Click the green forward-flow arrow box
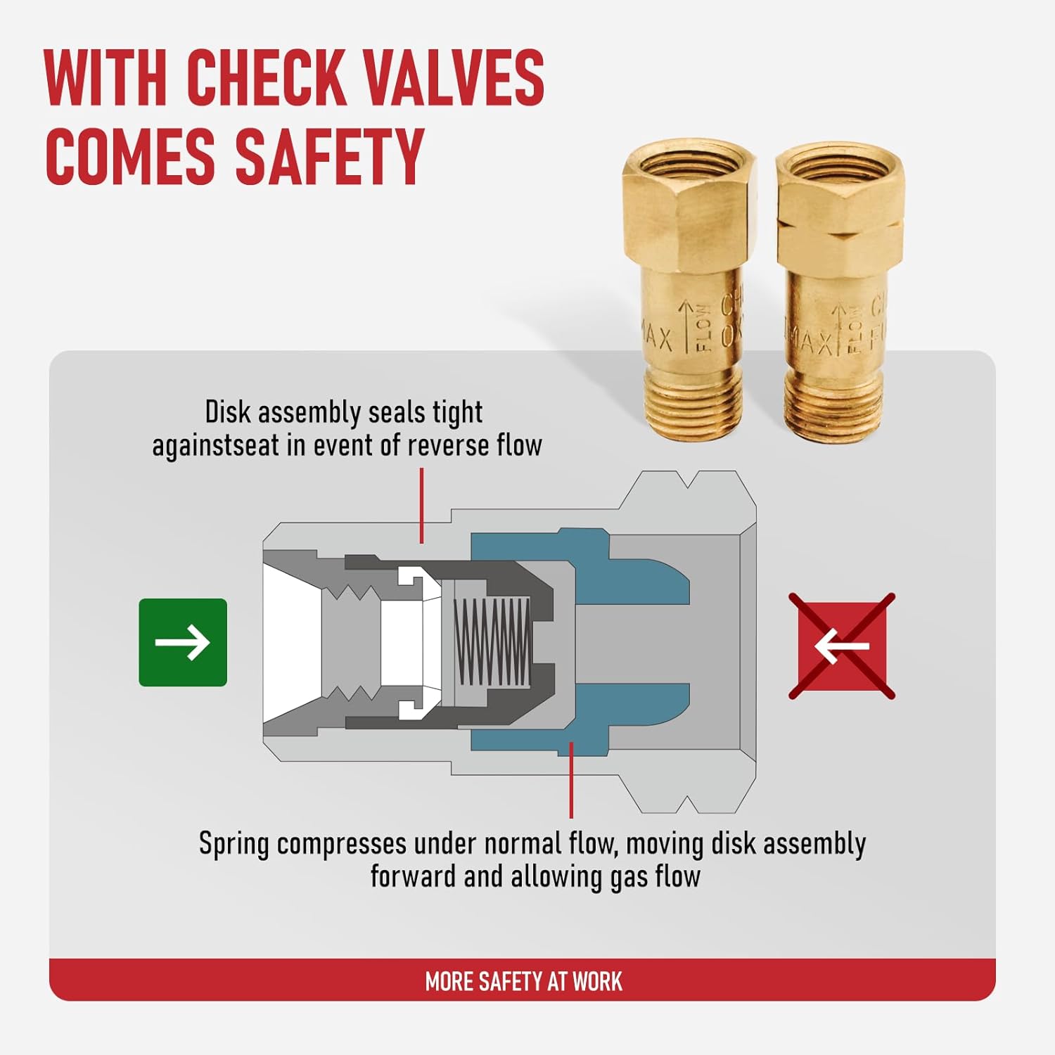click(x=183, y=642)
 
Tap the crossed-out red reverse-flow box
click(x=842, y=646)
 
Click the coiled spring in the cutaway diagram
click(x=492, y=641)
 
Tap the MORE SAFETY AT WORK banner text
click(x=523, y=981)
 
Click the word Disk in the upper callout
click(x=226, y=412)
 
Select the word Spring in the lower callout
click(x=234, y=844)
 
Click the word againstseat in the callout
click(x=215, y=446)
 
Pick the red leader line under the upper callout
click(x=421, y=506)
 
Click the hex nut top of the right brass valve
click(x=840, y=204)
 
